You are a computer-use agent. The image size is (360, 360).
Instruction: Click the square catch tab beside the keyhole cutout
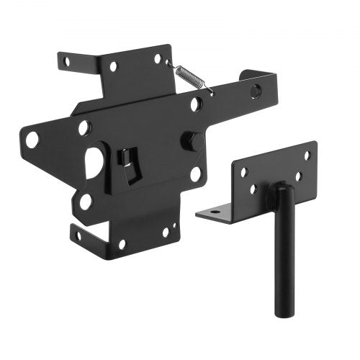(129, 161)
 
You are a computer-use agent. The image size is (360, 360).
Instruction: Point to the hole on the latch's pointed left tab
(32, 139)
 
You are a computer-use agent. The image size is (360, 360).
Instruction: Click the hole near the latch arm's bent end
(255, 91)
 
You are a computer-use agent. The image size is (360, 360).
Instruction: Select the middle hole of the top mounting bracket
(113, 66)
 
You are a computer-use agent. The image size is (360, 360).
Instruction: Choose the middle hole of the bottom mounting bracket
(122, 243)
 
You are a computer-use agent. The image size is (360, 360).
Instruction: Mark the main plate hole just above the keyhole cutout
(85, 128)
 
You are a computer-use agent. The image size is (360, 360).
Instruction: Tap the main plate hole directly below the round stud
(195, 174)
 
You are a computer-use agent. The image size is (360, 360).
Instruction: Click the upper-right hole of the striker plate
(307, 155)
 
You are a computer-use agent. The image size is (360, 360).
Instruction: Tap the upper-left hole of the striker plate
(243, 172)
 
